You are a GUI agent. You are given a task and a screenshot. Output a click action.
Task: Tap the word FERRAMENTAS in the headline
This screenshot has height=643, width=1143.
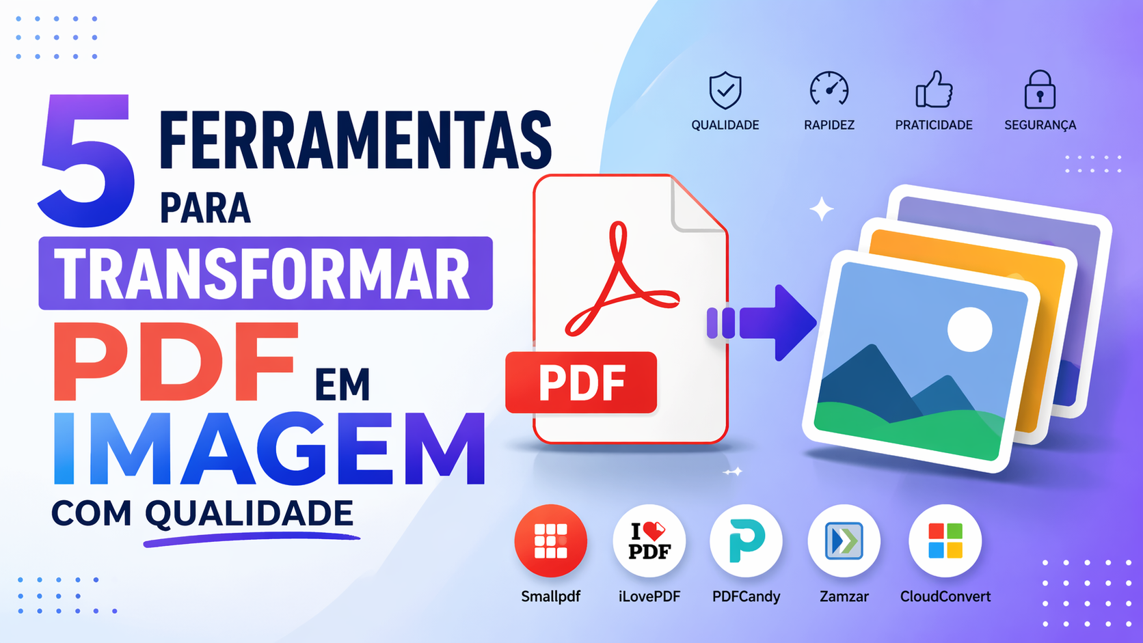click(x=355, y=140)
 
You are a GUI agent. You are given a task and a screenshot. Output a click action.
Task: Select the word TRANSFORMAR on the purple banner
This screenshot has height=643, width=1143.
click(x=263, y=273)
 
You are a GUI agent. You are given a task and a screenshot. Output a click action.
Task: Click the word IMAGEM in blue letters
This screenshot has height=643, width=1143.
click(x=269, y=449)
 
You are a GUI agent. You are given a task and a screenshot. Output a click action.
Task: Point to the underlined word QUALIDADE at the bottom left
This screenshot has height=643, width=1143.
click(x=249, y=514)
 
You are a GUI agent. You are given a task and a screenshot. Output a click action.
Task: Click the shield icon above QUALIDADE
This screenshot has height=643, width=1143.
click(x=725, y=90)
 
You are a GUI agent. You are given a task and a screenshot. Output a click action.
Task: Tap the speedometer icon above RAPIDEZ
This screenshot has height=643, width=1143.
click(x=829, y=90)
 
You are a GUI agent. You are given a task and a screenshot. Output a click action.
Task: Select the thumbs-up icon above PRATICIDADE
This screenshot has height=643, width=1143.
click(x=934, y=90)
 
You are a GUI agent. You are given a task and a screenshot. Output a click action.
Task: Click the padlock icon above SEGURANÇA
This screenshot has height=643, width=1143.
click(x=1040, y=90)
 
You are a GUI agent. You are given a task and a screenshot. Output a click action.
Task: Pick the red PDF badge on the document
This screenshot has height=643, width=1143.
click(x=581, y=383)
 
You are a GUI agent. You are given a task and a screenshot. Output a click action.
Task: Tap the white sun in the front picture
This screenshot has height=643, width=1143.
click(x=969, y=329)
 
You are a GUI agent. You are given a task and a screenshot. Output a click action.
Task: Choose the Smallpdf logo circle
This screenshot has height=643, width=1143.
click(x=550, y=541)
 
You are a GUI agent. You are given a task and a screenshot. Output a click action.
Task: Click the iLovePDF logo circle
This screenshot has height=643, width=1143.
click(x=649, y=541)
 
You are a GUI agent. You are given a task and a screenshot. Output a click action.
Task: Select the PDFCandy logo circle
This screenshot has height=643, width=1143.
click(x=746, y=541)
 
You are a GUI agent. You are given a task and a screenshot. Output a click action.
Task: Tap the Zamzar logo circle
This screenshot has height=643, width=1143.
click(x=844, y=541)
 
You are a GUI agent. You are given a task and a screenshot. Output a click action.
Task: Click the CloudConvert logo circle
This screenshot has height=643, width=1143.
click(x=945, y=541)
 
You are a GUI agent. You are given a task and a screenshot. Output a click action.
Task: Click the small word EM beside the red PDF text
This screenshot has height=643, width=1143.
click(x=342, y=385)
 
